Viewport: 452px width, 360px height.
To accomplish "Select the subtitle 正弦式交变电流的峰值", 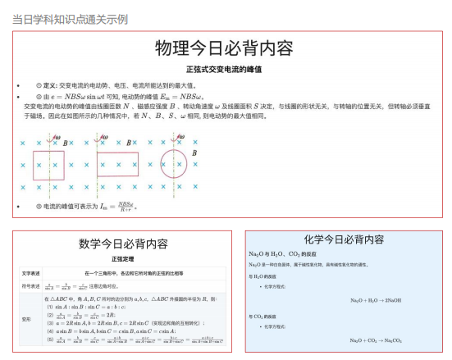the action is point(224,70).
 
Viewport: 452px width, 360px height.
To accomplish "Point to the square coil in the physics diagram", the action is point(48,165).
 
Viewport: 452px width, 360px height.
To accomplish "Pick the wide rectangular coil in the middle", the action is point(117,165).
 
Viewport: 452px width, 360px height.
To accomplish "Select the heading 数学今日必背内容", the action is point(123,244).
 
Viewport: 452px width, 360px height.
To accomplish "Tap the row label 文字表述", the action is point(30,272).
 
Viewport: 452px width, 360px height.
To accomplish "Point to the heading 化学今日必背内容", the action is point(344,239).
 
